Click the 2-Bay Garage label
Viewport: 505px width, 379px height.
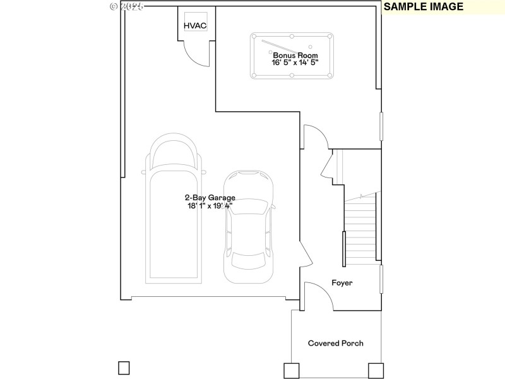[x=210, y=198]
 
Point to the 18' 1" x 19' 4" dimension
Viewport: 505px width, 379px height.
[x=210, y=206]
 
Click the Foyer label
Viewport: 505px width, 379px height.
[x=342, y=283]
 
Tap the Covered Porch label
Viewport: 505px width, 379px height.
[x=335, y=343]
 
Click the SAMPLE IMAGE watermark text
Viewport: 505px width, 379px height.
[x=424, y=7]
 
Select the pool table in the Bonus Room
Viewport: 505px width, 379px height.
[x=292, y=56]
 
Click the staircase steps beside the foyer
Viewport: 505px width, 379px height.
[x=360, y=231]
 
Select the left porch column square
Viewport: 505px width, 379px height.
[x=292, y=370]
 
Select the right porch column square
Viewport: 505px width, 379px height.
[x=376, y=370]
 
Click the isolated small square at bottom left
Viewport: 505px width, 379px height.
[x=124, y=367]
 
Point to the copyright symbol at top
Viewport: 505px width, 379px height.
[x=114, y=6]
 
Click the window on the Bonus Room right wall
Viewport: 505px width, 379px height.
[x=381, y=126]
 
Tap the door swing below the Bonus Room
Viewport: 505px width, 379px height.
[x=316, y=136]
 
